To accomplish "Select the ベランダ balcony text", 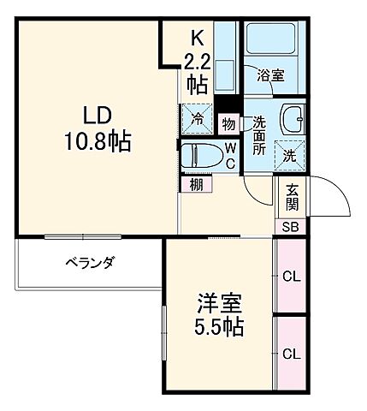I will (90, 262).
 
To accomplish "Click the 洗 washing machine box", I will (290, 156).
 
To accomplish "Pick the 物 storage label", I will (228, 122).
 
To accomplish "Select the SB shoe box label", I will (291, 226).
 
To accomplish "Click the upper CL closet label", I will (291, 276).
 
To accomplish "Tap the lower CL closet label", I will (291, 353).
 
